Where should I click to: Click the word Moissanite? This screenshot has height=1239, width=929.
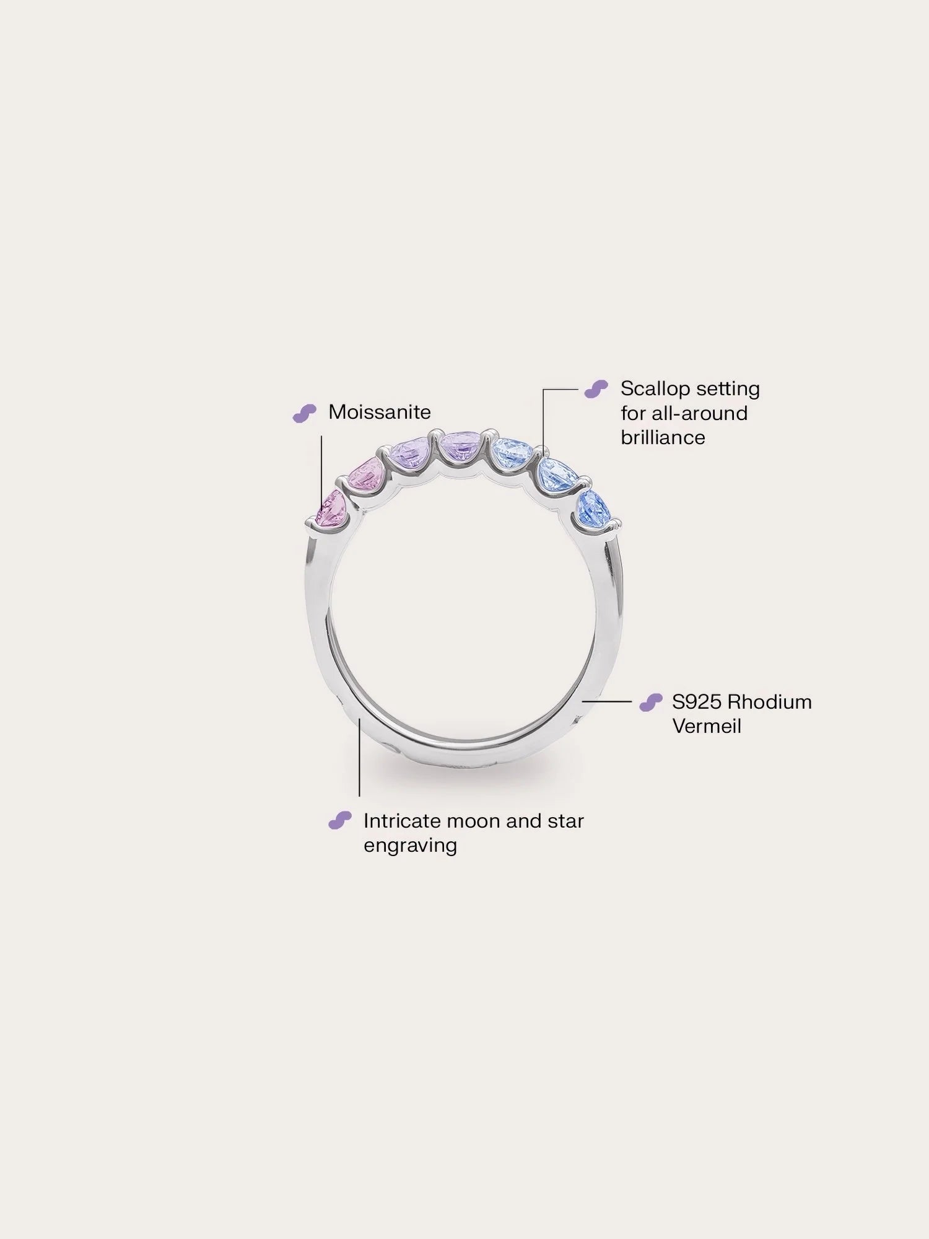pyautogui.click(x=379, y=412)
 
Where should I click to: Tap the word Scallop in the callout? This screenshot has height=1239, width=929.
pyautogui.click(x=655, y=389)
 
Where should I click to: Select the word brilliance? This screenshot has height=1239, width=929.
pyautogui.click(x=663, y=437)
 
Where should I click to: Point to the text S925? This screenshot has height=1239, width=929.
pyautogui.click(x=696, y=702)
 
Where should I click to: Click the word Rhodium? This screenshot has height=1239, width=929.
pyautogui.click(x=769, y=702)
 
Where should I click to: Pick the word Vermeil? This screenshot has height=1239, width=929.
pyautogui.click(x=706, y=726)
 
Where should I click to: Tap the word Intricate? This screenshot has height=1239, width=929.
pyautogui.click(x=402, y=821)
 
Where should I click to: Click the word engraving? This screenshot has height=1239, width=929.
pyautogui.click(x=410, y=845)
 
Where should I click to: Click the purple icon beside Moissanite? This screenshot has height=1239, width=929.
pyautogui.click(x=304, y=413)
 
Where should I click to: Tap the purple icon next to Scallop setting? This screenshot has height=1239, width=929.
pyautogui.click(x=596, y=389)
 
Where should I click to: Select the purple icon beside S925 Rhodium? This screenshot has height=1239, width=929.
pyautogui.click(x=650, y=703)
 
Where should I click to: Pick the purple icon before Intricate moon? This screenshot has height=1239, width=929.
pyautogui.click(x=339, y=820)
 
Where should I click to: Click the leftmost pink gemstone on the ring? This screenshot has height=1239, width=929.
pyautogui.click(x=331, y=508)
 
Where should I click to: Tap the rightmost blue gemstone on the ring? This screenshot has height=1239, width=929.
pyautogui.click(x=593, y=507)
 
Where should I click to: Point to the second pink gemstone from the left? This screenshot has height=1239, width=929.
pyautogui.click(x=367, y=475)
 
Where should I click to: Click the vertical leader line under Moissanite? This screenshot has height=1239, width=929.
pyautogui.click(x=321, y=471)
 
